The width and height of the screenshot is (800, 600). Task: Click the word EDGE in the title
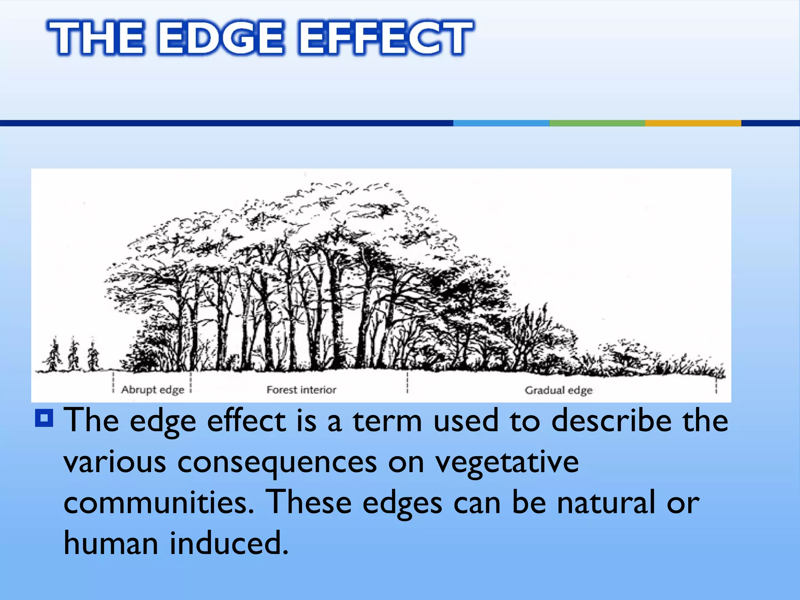[221, 38]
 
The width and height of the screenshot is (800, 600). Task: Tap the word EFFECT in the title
[385, 38]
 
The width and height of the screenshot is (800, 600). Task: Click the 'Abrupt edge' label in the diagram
[152, 390]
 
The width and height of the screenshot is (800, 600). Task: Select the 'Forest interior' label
[301, 390]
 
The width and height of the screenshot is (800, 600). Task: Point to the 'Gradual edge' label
[559, 390]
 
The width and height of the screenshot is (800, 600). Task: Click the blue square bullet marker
[44, 418]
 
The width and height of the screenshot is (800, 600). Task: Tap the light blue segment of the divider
[501, 123]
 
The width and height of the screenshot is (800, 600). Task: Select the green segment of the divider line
[597, 123]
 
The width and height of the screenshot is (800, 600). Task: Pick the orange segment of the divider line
[693, 123]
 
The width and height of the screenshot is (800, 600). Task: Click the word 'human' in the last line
[111, 543]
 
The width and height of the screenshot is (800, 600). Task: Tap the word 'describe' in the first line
[611, 421]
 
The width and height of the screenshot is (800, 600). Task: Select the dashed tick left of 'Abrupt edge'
[113, 382]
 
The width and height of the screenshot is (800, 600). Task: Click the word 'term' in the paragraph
[387, 421]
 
